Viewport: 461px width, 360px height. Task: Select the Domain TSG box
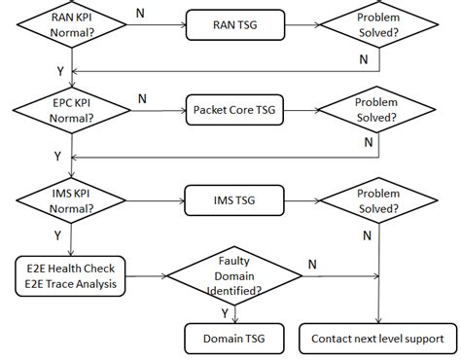[x=230, y=339]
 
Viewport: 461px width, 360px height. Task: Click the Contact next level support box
[x=376, y=339]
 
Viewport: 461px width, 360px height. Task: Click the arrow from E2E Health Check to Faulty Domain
[x=142, y=276]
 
